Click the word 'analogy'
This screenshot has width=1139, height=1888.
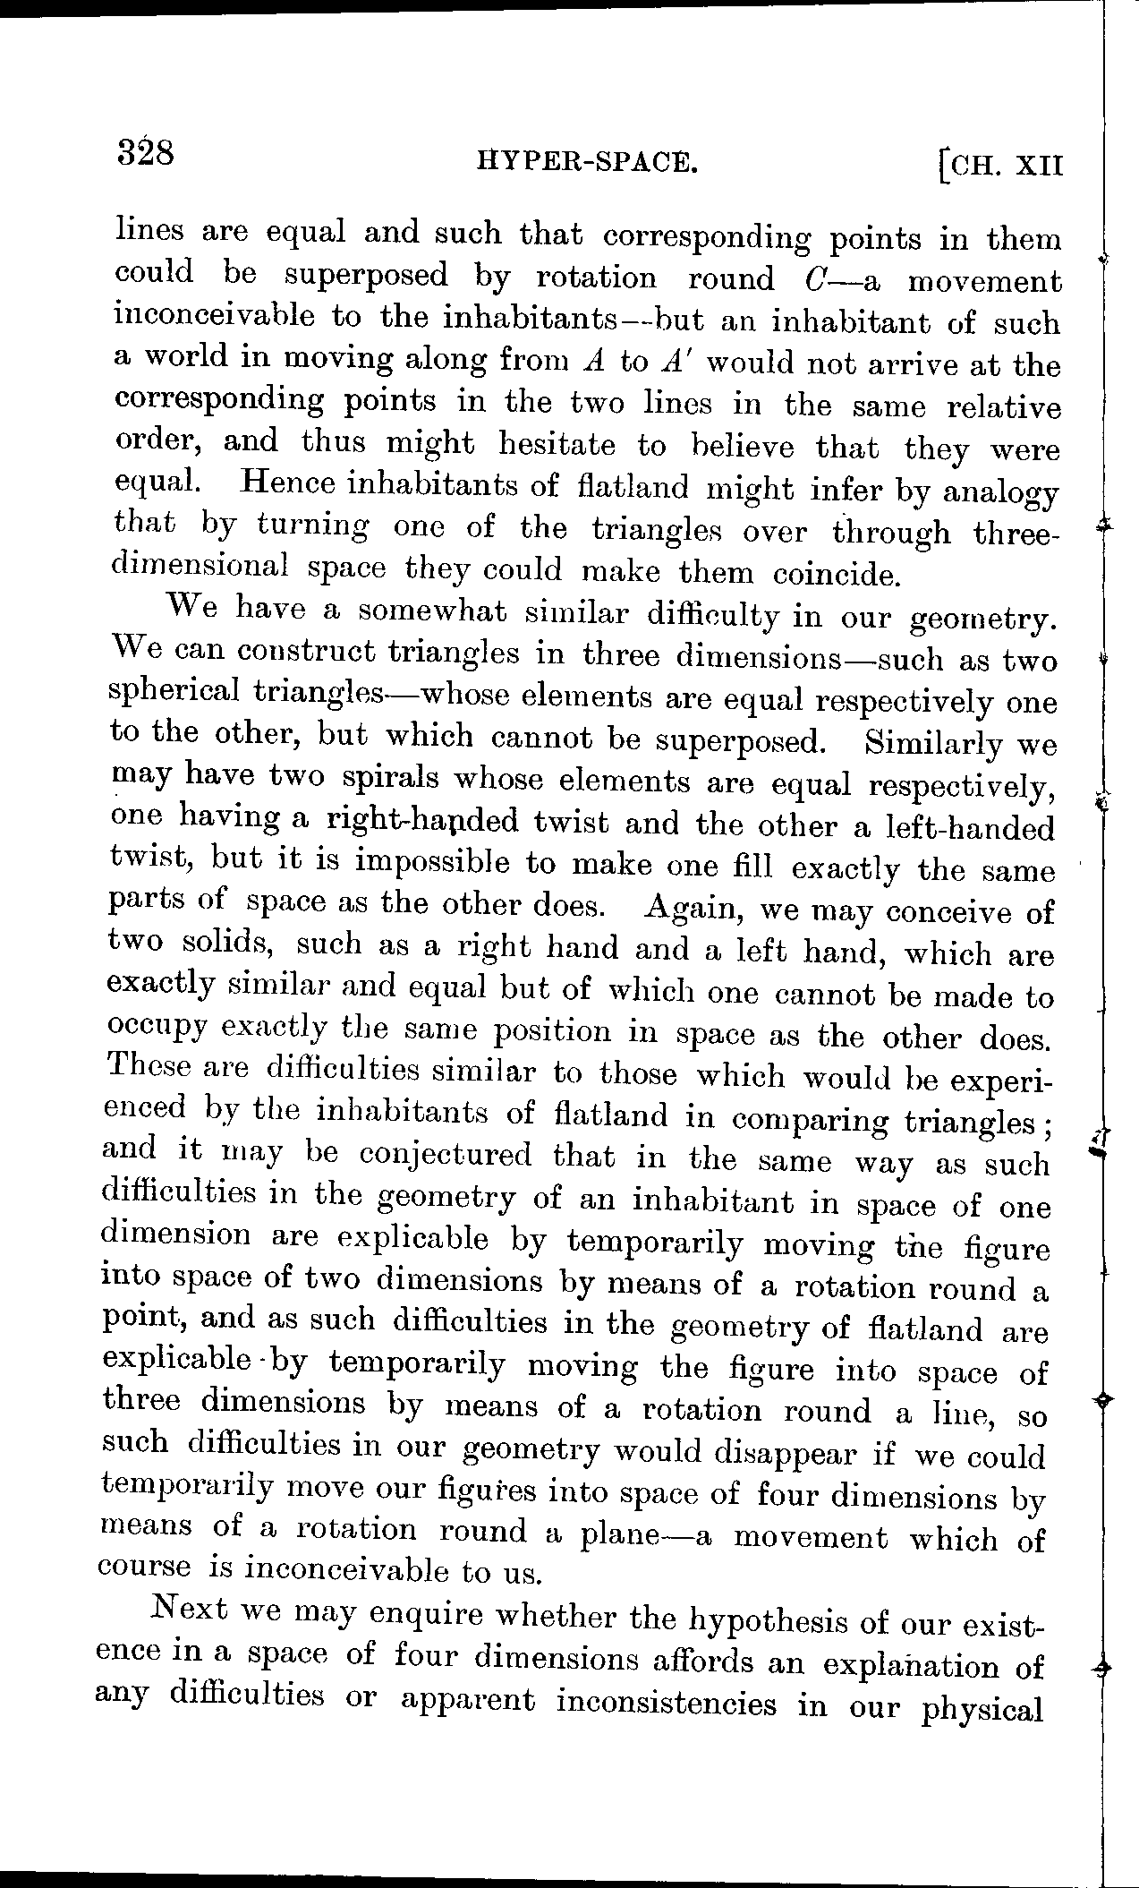pyautogui.click(x=1001, y=493)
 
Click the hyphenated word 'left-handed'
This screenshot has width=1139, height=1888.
pyautogui.click(x=965, y=827)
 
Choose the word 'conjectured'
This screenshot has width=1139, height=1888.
pyautogui.click(x=445, y=1155)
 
